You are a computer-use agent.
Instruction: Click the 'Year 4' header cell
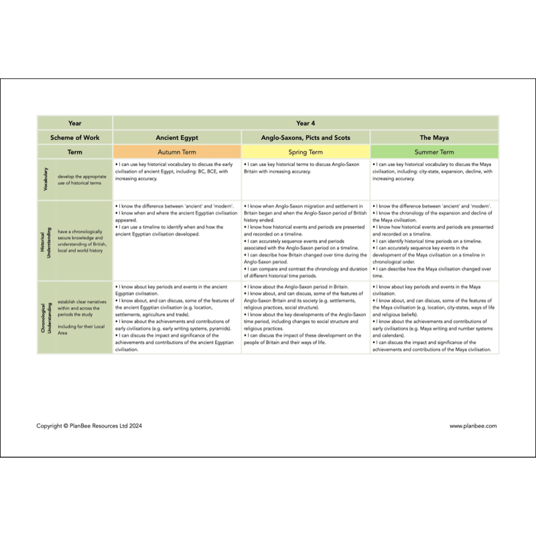306,123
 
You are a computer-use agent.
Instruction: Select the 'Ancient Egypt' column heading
177,137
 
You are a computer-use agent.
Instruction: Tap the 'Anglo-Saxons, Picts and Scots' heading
306,137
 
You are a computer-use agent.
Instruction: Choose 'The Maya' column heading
434,137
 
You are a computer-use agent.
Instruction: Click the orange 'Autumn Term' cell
177,152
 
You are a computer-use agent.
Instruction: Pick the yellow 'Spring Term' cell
306,152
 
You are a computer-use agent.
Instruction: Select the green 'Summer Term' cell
434,152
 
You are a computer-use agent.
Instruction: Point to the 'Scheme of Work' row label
75,137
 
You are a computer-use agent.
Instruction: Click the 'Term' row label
75,152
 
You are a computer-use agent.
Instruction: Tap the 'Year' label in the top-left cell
75,123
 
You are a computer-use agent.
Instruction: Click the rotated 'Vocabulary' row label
46,179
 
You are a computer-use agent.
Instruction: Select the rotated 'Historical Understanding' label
46,240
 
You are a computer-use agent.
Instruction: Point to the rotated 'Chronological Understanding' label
46,317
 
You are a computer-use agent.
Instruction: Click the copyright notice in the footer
89,425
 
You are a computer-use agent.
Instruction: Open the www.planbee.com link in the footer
473,425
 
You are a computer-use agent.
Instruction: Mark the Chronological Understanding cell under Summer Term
434,317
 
